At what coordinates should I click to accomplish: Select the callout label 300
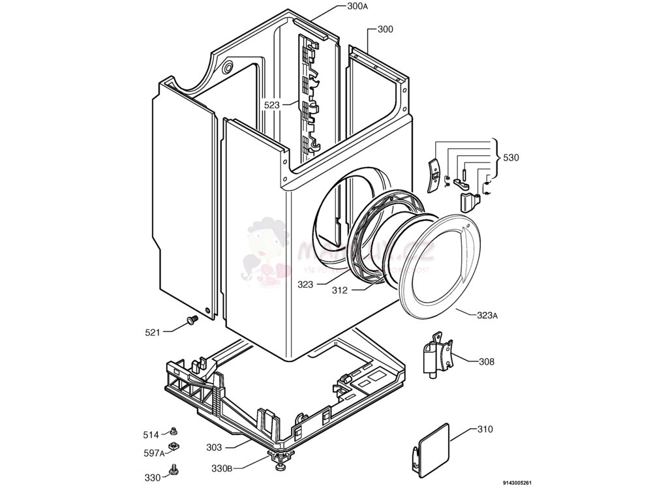point(386,29)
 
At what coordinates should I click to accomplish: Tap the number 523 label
point(272,104)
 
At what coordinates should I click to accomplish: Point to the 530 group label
point(511,157)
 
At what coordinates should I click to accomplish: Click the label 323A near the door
point(487,315)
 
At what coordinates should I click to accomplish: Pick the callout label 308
point(487,361)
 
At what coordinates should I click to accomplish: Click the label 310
point(485,429)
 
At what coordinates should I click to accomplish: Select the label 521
point(153,333)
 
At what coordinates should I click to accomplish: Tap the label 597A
point(153,453)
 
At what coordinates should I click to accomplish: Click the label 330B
point(222,468)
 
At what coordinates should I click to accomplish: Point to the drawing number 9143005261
point(517,483)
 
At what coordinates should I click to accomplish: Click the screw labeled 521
point(192,320)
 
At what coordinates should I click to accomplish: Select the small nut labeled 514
point(174,431)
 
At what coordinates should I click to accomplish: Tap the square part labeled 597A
point(174,446)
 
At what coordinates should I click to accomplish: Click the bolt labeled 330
point(174,470)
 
